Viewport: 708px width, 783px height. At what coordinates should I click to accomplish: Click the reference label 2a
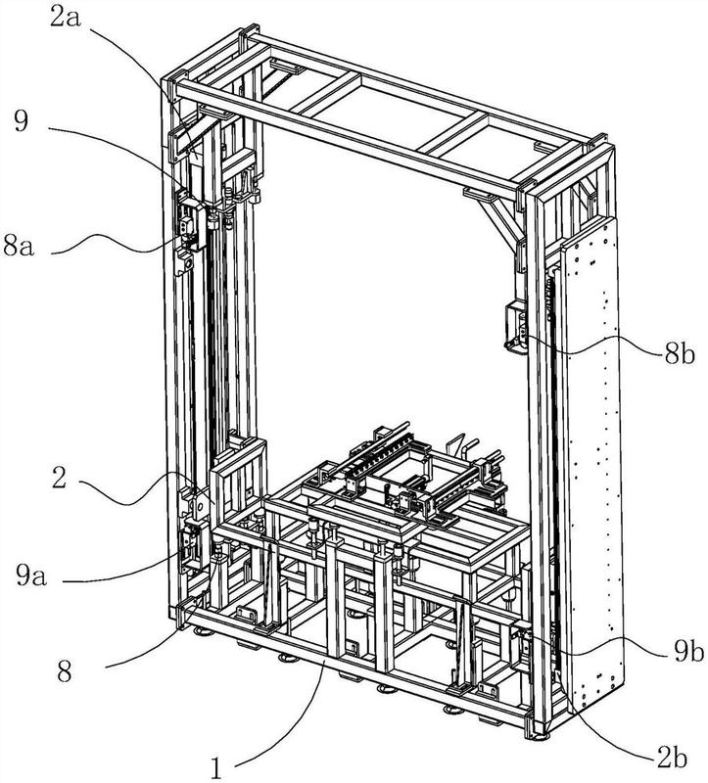(67, 20)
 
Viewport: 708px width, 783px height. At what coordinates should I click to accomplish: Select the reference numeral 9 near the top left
(21, 120)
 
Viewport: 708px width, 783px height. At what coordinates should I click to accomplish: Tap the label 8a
(19, 246)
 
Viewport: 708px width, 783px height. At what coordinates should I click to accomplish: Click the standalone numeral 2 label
(59, 478)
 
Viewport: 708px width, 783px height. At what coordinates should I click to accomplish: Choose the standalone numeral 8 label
(65, 671)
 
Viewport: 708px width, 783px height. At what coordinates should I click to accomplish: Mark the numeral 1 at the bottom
(215, 767)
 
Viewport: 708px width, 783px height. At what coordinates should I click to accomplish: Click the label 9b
(688, 651)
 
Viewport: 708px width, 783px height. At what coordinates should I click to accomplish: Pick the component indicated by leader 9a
(191, 546)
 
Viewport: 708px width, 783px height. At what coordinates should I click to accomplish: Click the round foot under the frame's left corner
(204, 633)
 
